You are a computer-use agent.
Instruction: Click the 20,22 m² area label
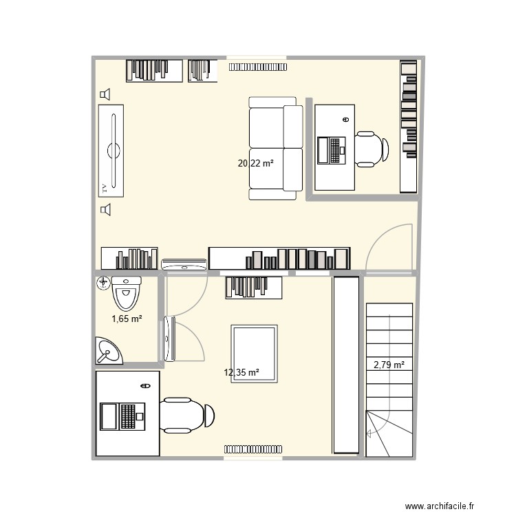(255, 164)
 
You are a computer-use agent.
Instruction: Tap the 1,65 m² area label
(127, 319)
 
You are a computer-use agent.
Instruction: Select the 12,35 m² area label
(241, 373)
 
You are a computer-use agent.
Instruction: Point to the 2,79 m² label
(389, 365)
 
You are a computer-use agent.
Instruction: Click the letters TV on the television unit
(104, 186)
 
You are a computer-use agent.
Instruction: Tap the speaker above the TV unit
(105, 94)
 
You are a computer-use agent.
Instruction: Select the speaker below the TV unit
(105, 210)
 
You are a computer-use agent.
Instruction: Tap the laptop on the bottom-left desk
(121, 416)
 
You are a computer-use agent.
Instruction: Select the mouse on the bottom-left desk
(145, 385)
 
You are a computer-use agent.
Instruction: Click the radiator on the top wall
(259, 67)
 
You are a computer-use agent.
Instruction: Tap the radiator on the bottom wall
(252, 449)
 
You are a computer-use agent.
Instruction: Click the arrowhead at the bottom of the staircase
(371, 433)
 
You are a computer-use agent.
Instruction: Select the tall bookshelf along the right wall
(409, 126)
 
